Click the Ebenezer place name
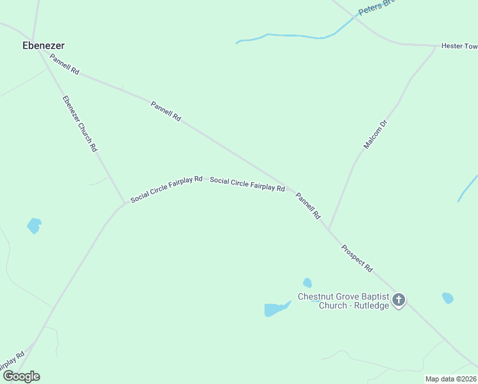[x=43, y=45]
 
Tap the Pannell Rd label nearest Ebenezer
[x=65, y=65]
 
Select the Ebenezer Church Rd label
[x=80, y=124]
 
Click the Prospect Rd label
[x=357, y=259]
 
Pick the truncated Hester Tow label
[x=459, y=46]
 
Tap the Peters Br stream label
[x=377, y=6]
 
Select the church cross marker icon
[x=399, y=300]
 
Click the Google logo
[x=21, y=376]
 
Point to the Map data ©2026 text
[x=451, y=379]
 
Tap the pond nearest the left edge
[x=34, y=225]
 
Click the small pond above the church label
[x=307, y=282]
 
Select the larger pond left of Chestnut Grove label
[x=276, y=309]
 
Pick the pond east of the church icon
[x=447, y=298]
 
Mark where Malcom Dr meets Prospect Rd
[x=329, y=229]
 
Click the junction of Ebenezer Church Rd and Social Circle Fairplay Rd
[x=125, y=204]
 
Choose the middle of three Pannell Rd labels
[x=166, y=111]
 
